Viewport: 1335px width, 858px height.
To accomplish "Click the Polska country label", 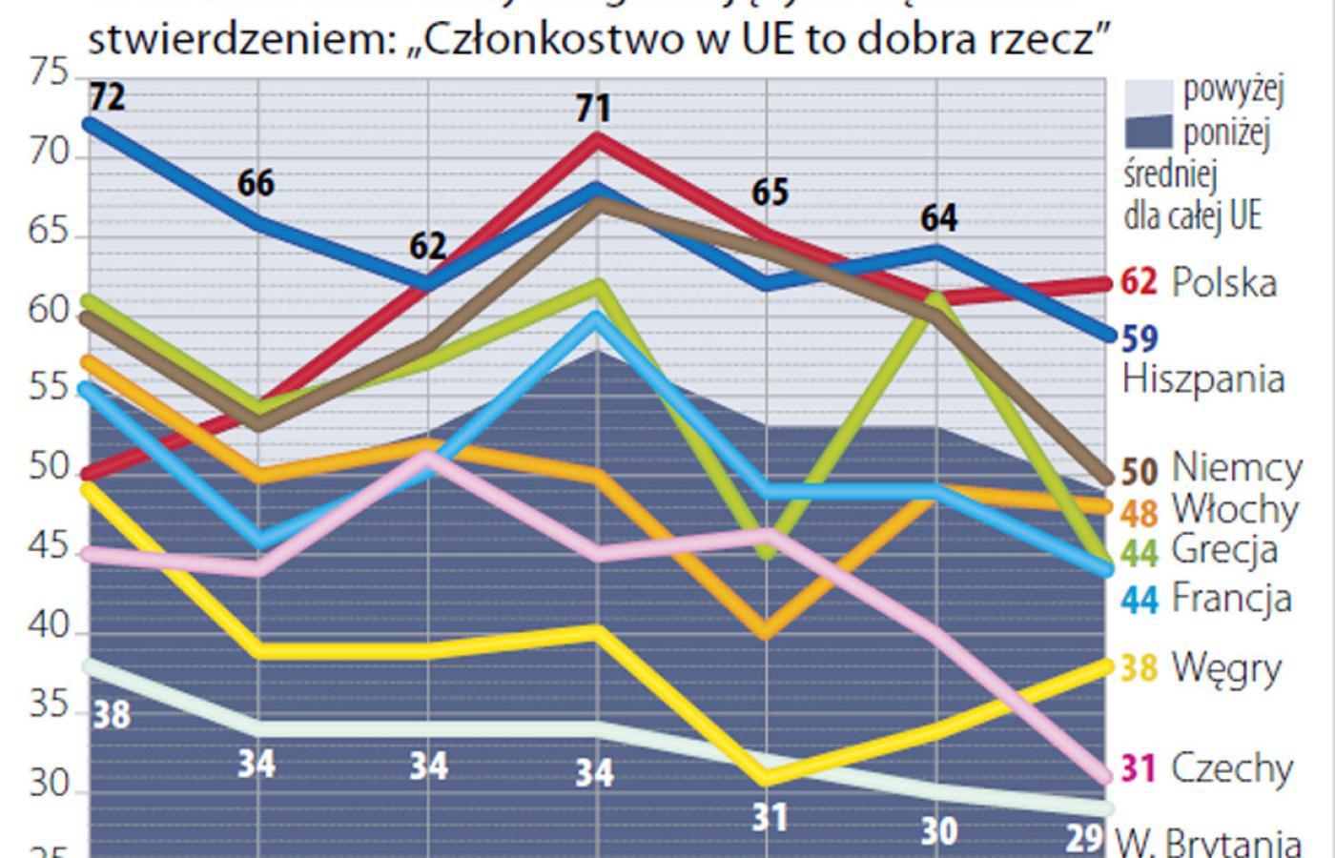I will [1223, 283].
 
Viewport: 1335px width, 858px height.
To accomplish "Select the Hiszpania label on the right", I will [1203, 379].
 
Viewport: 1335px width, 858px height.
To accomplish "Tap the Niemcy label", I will [1237, 468].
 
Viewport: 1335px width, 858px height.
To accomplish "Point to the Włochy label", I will [1235, 510].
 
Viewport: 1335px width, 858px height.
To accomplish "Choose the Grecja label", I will [1224, 550].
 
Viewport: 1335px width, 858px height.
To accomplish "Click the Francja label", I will [1231, 599].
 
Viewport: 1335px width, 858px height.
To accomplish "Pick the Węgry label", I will [1226, 667].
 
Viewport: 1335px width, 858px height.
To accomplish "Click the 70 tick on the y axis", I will [50, 153].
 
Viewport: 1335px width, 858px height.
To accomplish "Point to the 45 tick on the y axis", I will [50, 548].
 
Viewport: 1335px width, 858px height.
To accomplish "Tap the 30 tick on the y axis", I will [50, 785].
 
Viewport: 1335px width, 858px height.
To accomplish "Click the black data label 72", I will [107, 96].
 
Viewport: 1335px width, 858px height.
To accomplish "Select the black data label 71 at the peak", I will [593, 108].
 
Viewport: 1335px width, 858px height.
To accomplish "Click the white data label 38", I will [111, 714].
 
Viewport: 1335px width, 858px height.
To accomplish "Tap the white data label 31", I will [770, 817].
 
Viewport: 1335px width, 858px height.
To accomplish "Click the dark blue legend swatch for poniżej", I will [1148, 132].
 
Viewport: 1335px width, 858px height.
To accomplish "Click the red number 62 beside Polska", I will [1139, 283].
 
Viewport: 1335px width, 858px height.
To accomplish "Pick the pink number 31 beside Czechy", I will [1139, 767].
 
